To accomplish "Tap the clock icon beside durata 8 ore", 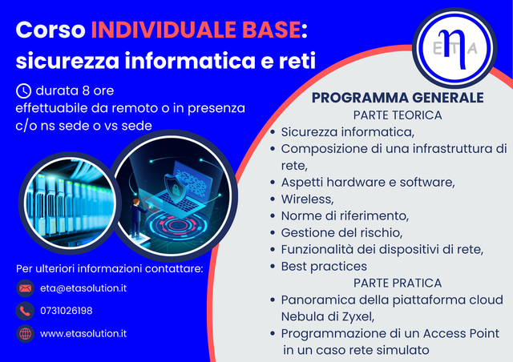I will pyautogui.click(x=24, y=90).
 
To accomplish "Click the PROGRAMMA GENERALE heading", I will pyautogui.click(x=398, y=98).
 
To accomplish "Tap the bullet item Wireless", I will pyautogui.click(x=307, y=199).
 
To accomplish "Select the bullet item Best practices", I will pyautogui.click(x=324, y=266).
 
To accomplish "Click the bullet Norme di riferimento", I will pyautogui.click(x=345, y=215).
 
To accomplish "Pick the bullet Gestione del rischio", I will pyautogui.click(x=341, y=232).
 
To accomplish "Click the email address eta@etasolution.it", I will pyautogui.click(x=83, y=288).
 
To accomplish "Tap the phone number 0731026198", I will pyautogui.click(x=66, y=311).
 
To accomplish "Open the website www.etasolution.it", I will pyautogui.click(x=83, y=333).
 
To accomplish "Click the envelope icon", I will pyautogui.click(x=25, y=288).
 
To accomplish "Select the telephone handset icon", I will pyautogui.click(x=25, y=311).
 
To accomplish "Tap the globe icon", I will pyautogui.click(x=25, y=333).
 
